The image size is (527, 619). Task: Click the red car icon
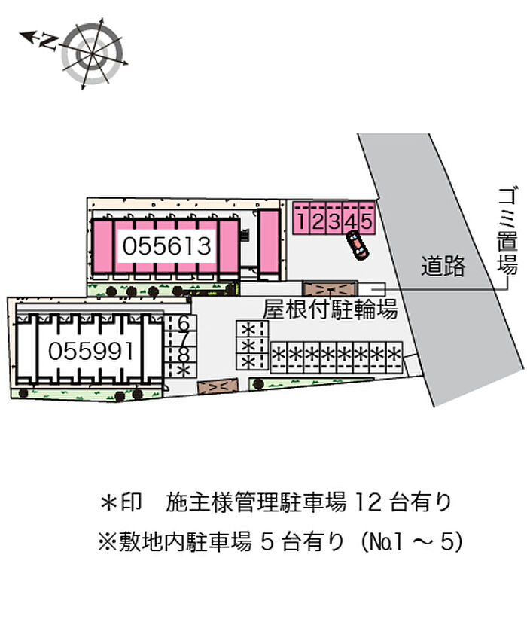coord(357,245)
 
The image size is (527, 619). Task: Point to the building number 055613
coord(166,246)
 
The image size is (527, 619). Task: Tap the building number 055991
coord(90,351)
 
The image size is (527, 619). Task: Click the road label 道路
coord(443,266)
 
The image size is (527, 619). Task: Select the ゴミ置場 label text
coord(507,231)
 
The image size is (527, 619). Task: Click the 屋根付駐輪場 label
coord(331,309)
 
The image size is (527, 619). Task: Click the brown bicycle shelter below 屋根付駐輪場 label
coord(218,386)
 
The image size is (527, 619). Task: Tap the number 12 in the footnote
coord(368,502)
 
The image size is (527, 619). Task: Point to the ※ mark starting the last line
coord(108,542)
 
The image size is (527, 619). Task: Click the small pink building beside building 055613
coord(269,245)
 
